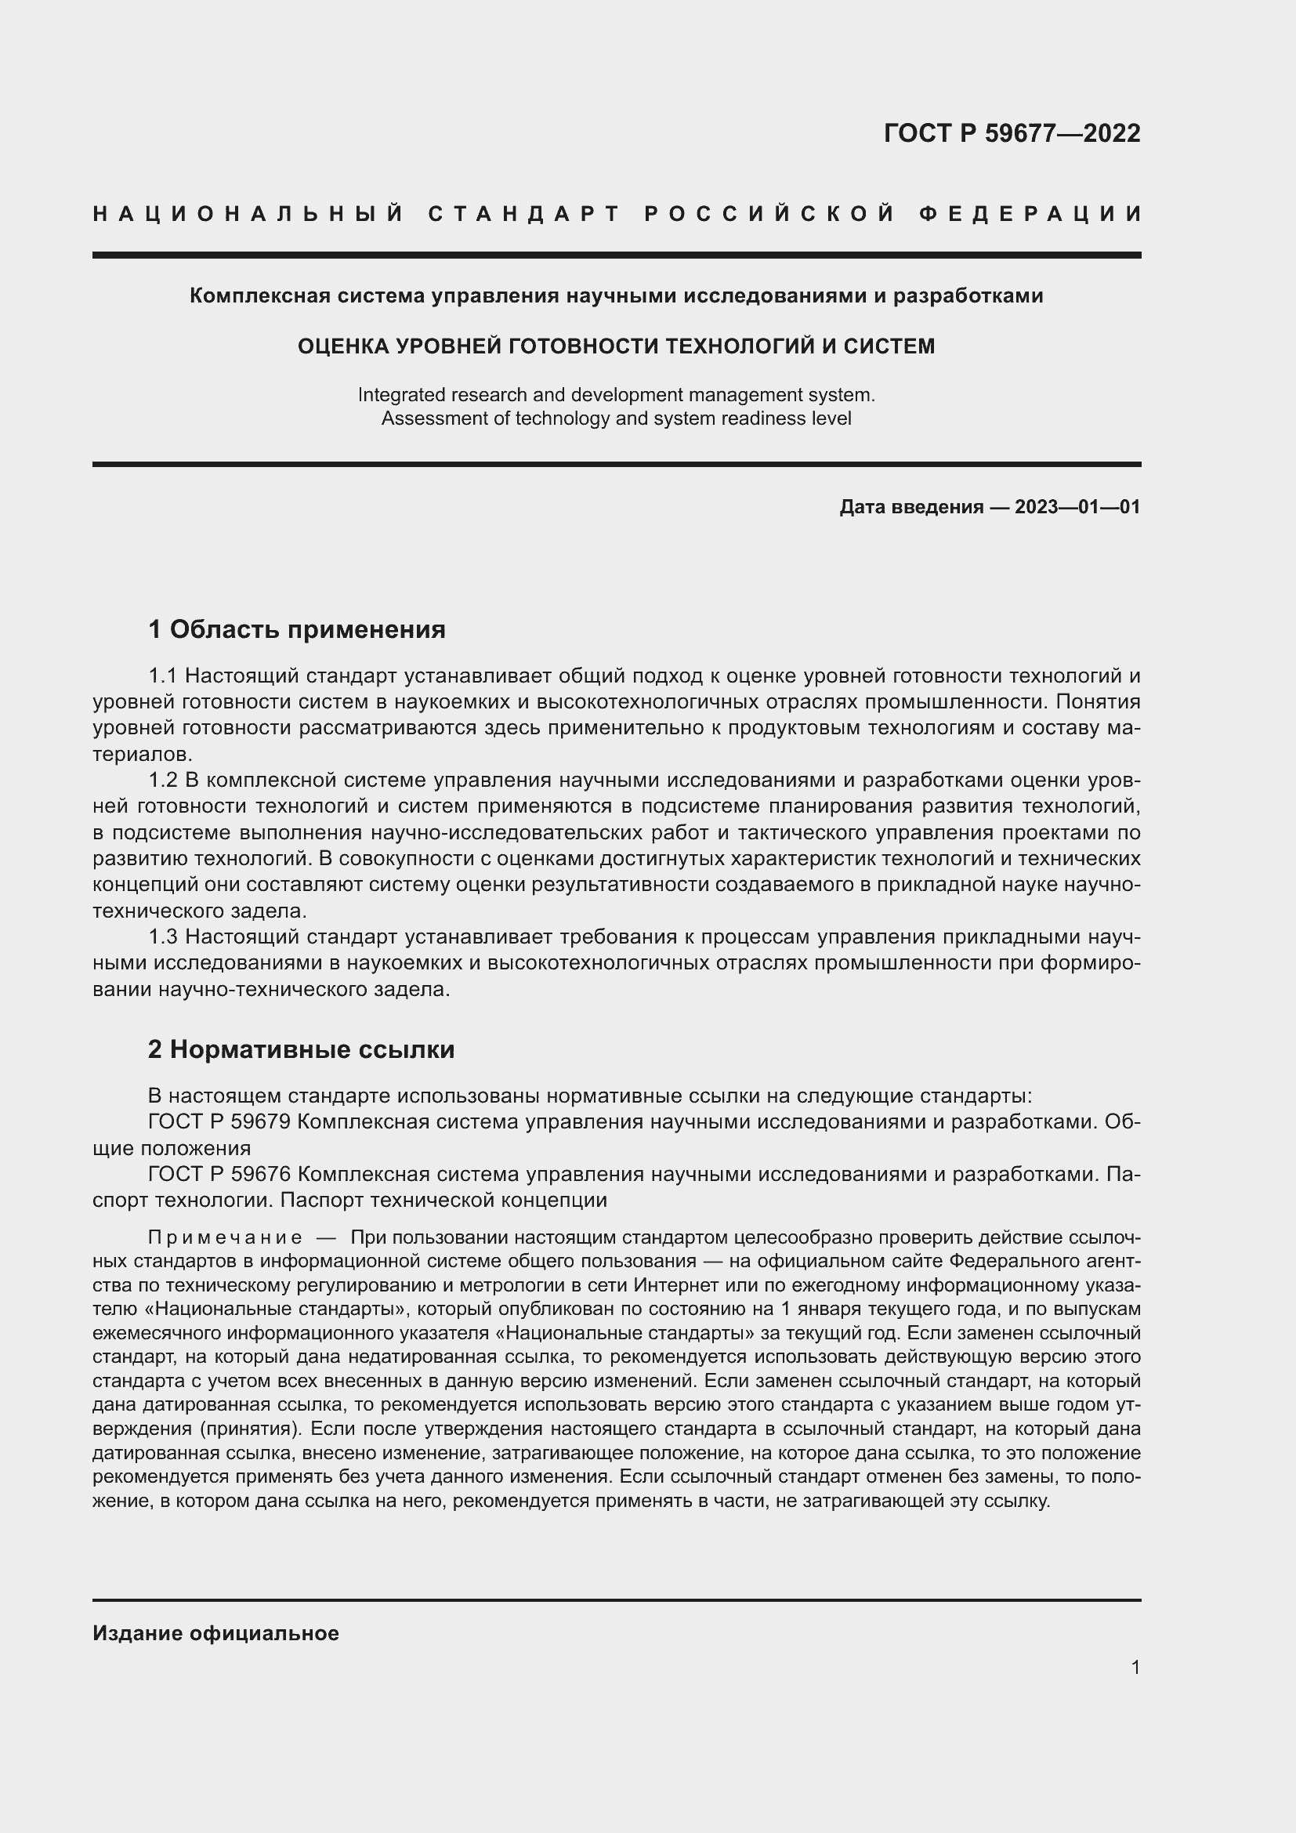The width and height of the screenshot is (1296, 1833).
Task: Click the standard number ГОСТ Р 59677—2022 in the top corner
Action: (x=1011, y=133)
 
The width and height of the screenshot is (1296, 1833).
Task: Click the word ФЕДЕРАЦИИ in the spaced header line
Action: (x=1030, y=214)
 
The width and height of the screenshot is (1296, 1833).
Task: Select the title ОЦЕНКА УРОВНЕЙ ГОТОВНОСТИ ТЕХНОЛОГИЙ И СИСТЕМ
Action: (x=616, y=346)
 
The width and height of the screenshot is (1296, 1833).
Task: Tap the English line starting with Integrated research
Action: (x=616, y=394)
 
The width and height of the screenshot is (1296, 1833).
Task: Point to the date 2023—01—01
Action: (x=1077, y=507)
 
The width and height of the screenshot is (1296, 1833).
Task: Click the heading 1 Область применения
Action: (x=297, y=630)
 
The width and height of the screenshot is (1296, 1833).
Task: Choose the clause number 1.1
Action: (x=162, y=676)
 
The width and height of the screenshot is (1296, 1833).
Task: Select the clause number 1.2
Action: (x=162, y=780)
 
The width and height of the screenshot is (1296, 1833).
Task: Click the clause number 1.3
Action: (x=162, y=936)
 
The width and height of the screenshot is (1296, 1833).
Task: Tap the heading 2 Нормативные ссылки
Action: (x=301, y=1049)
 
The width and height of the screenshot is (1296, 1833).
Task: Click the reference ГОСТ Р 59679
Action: (x=219, y=1121)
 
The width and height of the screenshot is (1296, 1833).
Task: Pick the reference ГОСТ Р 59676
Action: (x=219, y=1175)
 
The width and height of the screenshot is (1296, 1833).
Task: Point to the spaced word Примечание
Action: (x=226, y=1238)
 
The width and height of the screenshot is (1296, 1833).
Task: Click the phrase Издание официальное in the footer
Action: (x=215, y=1633)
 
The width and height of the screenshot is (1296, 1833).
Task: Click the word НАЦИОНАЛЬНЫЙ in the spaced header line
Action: (x=248, y=214)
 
